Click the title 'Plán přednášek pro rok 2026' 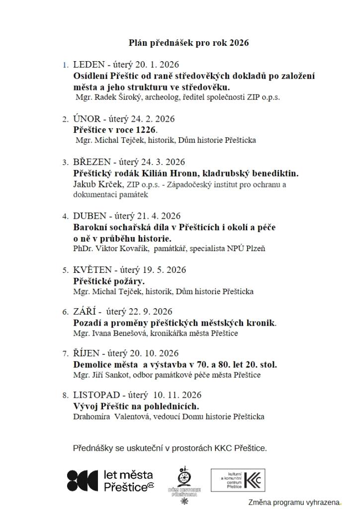(188, 43)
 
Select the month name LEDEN (89, 65)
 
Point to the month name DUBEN (90, 216)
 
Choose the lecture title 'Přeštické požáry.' (109, 281)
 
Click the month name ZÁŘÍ (85, 312)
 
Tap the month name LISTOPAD (96, 395)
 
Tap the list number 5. (65, 270)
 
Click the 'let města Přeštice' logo (110, 481)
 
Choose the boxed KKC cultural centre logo (238, 480)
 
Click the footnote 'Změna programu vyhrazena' (294, 503)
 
